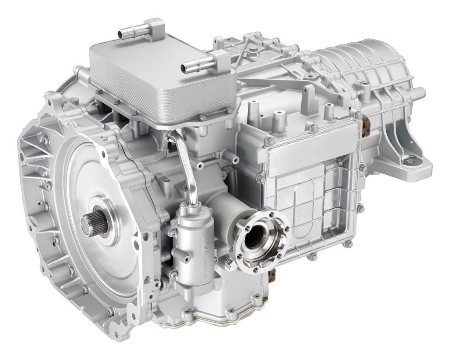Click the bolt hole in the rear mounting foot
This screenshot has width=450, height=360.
411,162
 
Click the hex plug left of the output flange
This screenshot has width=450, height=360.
228,264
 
